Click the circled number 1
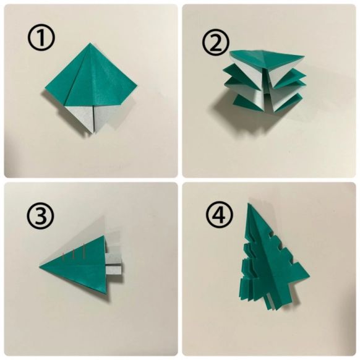coord(41,38)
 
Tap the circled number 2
coord(216,44)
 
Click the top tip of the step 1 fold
coord(90,43)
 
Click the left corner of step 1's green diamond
coord(45,88)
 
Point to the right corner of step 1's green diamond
coord(137,86)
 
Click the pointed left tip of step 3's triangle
coord(40,267)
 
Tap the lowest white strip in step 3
coord(114,270)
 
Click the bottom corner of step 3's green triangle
coord(106,293)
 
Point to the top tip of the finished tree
coord(249,204)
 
